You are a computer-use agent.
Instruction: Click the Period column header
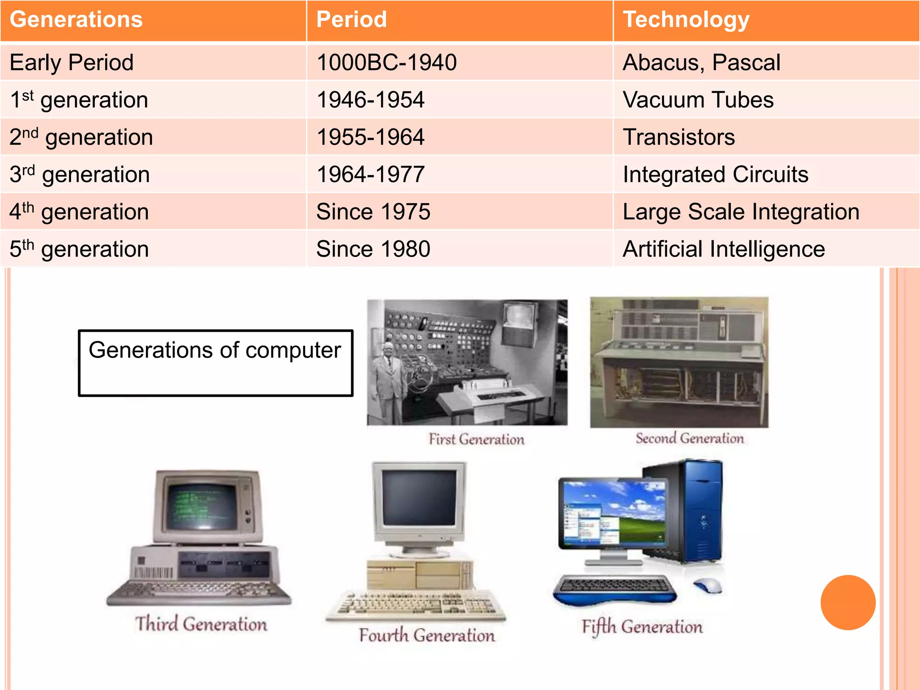tap(351, 20)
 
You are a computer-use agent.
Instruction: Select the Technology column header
tap(686, 20)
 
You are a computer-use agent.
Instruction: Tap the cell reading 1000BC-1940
tap(386, 62)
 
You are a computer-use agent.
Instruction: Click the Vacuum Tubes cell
tap(698, 100)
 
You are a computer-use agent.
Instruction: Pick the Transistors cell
tap(679, 137)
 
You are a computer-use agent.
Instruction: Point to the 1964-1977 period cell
tap(371, 174)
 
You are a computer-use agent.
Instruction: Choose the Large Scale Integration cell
tap(741, 212)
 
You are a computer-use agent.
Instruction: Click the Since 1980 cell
tap(373, 249)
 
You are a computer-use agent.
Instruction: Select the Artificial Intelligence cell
tap(724, 249)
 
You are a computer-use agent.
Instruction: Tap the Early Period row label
tap(72, 62)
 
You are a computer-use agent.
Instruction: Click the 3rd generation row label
tap(80, 174)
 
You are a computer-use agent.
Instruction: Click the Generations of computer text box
tap(215, 363)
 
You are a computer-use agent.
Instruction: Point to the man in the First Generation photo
tap(388, 377)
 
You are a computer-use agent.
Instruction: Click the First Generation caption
tap(476, 439)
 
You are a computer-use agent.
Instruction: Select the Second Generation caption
tap(690, 438)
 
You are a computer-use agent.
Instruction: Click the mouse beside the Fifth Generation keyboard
tap(708, 584)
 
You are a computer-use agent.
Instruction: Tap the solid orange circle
tap(848, 602)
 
